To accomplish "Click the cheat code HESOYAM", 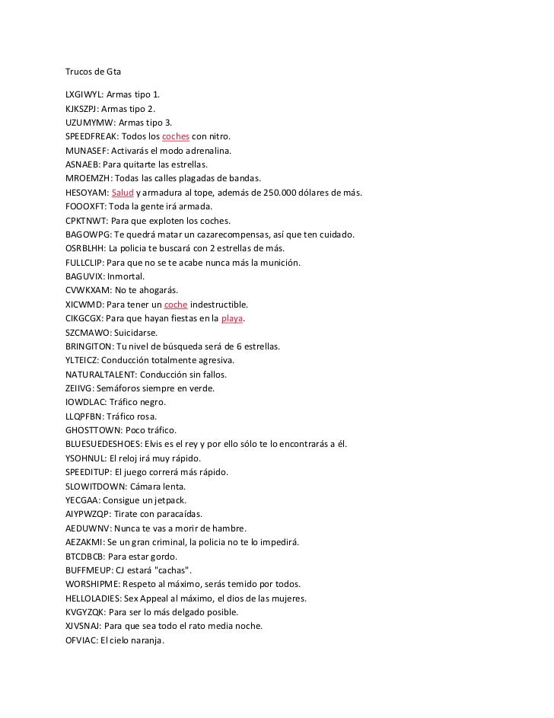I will click(x=86, y=193).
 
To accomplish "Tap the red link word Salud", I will click(x=122, y=193).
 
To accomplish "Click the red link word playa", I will click(x=233, y=318).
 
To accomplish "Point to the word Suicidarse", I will click(x=132, y=332).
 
